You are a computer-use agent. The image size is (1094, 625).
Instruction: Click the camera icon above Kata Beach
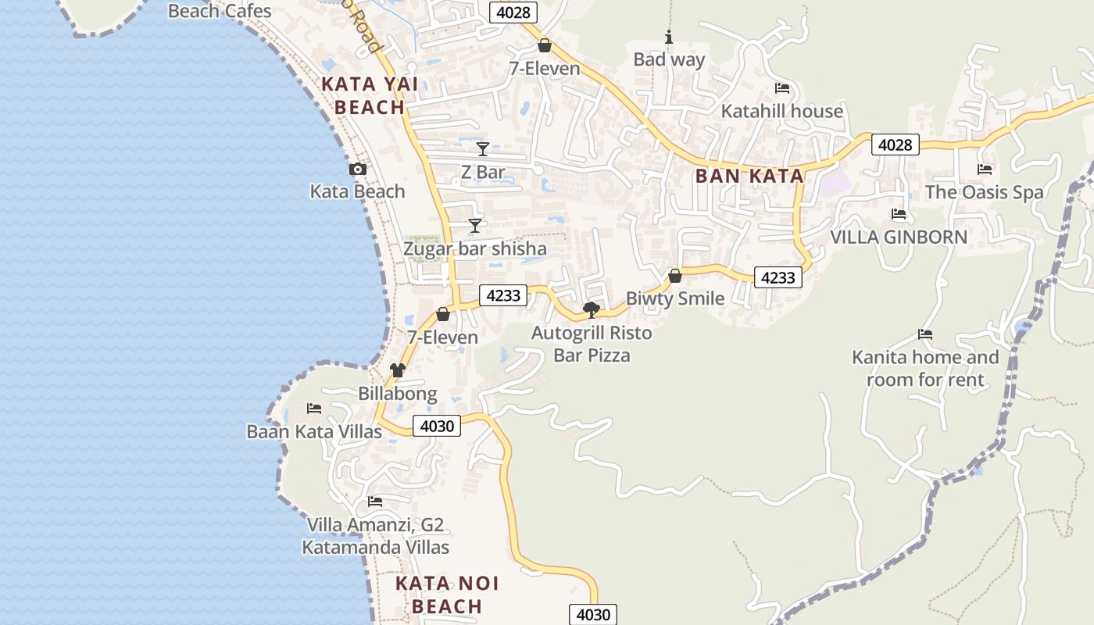click(x=357, y=170)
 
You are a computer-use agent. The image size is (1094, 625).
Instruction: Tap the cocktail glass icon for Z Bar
click(x=483, y=149)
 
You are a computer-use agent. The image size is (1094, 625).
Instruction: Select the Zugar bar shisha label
click(x=474, y=248)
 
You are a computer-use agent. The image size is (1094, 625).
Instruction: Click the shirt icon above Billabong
click(x=398, y=370)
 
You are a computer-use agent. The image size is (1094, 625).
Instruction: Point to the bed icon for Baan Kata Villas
click(x=314, y=409)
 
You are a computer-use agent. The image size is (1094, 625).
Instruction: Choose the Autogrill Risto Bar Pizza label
click(x=592, y=344)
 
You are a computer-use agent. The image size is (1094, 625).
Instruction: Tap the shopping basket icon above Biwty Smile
click(x=675, y=276)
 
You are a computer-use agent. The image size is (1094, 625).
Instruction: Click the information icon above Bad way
click(x=668, y=37)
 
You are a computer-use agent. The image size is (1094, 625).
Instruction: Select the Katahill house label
click(x=781, y=111)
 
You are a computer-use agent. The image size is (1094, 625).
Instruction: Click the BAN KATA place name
click(x=749, y=176)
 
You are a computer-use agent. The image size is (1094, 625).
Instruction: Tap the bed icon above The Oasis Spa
click(x=985, y=170)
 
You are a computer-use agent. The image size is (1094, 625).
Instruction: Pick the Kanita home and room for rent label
click(x=925, y=368)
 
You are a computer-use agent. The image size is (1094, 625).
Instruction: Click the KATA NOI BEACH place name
click(x=447, y=595)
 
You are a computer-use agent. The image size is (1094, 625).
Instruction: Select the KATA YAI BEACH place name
click(x=370, y=96)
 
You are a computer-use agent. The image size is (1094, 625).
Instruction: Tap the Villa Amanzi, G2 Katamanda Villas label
click(x=376, y=535)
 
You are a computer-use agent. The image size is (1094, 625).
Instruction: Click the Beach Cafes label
click(x=220, y=11)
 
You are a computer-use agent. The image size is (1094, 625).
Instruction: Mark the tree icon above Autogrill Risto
click(x=592, y=310)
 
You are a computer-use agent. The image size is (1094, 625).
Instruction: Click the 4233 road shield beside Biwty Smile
click(x=778, y=277)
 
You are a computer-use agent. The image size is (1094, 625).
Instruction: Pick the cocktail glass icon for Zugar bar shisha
click(x=474, y=226)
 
